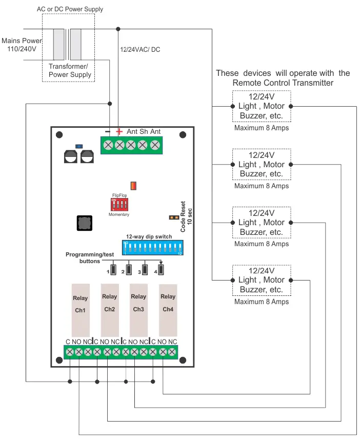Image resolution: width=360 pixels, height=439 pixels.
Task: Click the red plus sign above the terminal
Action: pos(119,132)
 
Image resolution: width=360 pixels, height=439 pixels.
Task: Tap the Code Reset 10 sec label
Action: pos(186,216)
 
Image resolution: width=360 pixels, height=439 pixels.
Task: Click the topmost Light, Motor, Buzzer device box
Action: pos(262,106)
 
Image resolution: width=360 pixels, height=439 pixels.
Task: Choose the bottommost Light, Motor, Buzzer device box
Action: pos(262,280)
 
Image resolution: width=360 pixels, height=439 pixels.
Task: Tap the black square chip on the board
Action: pos(84,224)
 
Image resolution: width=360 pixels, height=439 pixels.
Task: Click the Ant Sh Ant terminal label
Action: pos(144,132)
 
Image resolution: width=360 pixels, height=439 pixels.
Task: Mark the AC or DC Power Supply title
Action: pos(70,9)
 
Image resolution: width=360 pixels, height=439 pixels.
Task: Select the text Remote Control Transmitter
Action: pos(283,83)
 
